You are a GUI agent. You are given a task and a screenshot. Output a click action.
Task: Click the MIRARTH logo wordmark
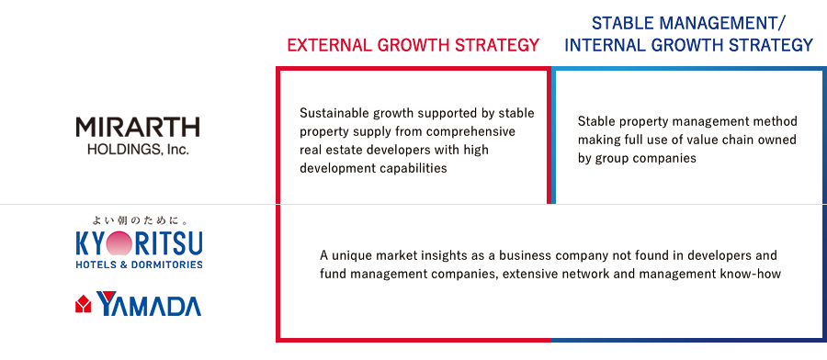pyautogui.click(x=138, y=128)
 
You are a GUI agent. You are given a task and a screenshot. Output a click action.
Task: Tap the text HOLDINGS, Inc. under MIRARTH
pyautogui.click(x=138, y=150)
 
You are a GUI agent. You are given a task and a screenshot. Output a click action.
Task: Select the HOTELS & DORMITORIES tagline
pyautogui.click(x=139, y=264)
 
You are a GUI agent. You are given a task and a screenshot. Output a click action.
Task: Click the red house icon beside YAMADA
pyautogui.click(x=84, y=304)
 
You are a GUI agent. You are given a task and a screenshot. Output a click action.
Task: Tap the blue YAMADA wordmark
pyautogui.click(x=149, y=304)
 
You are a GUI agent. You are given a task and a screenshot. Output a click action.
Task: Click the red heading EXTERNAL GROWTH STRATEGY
pyautogui.click(x=413, y=45)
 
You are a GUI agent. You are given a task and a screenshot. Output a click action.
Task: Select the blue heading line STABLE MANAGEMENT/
pyautogui.click(x=689, y=23)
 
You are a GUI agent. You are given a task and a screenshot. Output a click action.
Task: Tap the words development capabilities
pyautogui.click(x=373, y=168)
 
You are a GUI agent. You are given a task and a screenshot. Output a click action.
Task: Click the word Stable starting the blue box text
pyautogui.click(x=595, y=121)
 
